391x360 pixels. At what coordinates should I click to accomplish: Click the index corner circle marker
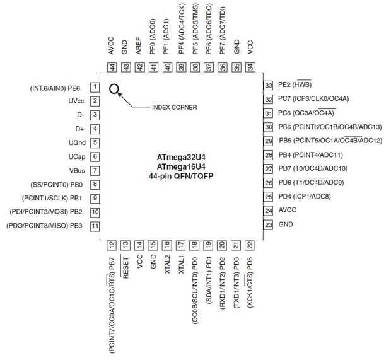pos(114,89)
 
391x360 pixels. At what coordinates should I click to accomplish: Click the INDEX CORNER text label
pos(175,107)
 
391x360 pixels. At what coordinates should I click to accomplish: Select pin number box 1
pos(95,87)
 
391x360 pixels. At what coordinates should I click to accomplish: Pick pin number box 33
pos(267,85)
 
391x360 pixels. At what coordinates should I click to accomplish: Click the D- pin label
pos(80,115)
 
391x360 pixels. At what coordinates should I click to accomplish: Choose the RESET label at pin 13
pos(125,267)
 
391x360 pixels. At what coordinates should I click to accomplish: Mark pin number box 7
pos(95,170)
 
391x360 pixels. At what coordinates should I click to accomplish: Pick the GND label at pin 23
pos(286,224)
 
